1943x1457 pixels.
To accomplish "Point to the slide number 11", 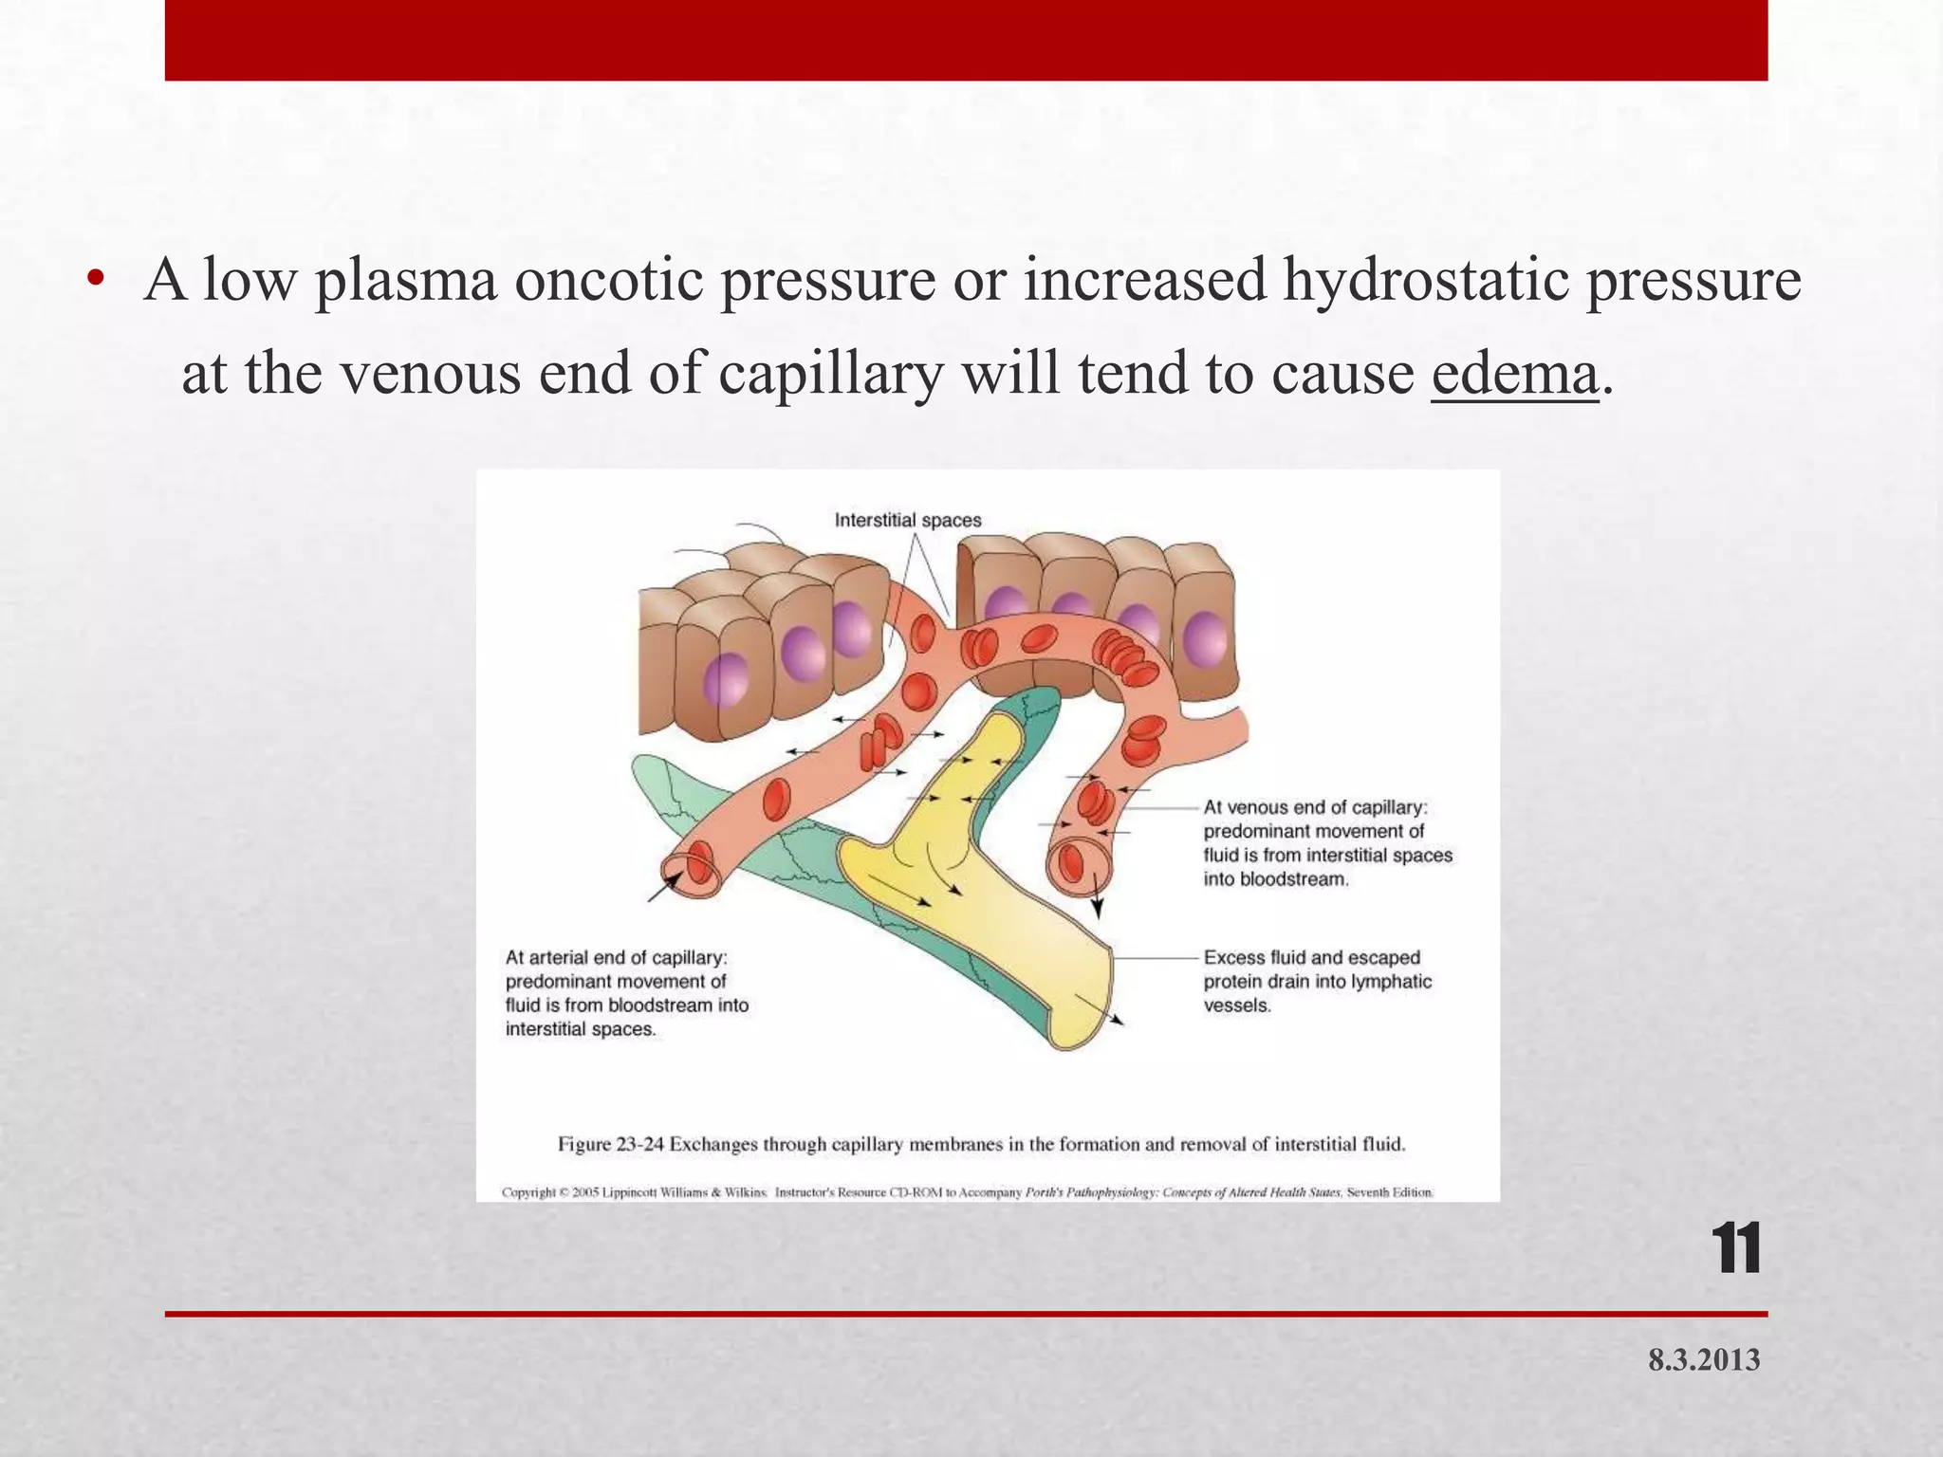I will click(1735, 1250).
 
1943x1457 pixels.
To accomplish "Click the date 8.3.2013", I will click(1703, 1360).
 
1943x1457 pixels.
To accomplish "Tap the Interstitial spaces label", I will click(907, 520).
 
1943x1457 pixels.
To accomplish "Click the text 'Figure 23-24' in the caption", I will click(611, 1144).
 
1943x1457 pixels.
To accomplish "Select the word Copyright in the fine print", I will click(527, 1192).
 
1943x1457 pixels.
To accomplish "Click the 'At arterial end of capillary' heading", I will click(616, 958).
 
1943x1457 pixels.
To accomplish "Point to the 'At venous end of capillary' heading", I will click(1315, 807).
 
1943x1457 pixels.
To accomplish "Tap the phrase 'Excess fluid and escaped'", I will click(1311, 958).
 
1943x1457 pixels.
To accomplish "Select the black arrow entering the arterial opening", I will click(664, 887).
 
